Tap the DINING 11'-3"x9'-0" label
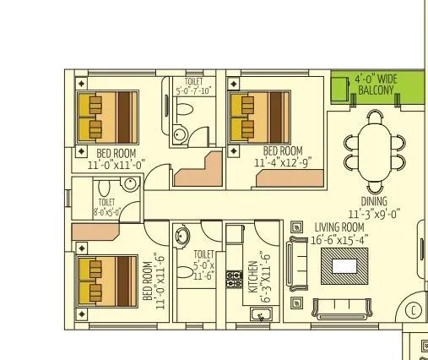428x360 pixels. click(374, 207)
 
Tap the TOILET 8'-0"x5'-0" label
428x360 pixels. click(107, 207)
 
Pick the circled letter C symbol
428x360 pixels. click(414, 310)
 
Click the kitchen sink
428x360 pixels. click(263, 314)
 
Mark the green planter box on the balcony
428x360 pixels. click(340, 88)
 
